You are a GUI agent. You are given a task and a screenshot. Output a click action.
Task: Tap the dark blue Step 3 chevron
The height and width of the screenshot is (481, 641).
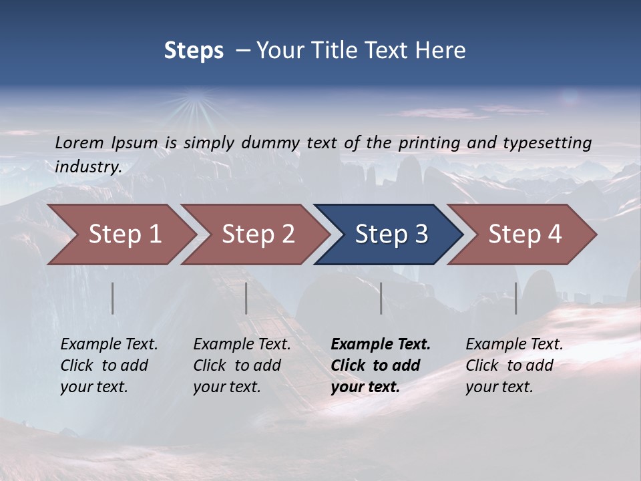coord(391,234)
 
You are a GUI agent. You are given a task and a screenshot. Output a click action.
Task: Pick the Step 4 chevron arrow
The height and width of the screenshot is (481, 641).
coord(524,234)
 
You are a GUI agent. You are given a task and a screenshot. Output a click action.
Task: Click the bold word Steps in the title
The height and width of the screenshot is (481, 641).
coord(194,51)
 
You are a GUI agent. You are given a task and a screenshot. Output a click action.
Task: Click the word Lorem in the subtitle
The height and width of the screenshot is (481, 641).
coord(79,142)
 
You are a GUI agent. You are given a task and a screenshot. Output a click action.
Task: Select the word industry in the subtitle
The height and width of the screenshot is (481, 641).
coord(88,166)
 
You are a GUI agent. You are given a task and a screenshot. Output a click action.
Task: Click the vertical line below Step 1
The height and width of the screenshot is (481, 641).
coord(113,298)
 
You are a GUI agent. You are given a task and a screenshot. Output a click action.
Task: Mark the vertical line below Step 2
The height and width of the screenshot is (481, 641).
coord(246,298)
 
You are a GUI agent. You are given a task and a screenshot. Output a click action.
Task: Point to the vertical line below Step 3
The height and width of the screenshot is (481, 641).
coord(381,298)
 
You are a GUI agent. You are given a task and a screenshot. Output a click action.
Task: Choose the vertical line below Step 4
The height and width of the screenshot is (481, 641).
coord(516,298)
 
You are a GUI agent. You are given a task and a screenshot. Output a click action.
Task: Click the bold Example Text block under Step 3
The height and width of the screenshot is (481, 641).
coord(379,365)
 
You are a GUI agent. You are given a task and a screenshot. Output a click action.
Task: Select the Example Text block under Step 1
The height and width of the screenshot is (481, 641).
coord(108,365)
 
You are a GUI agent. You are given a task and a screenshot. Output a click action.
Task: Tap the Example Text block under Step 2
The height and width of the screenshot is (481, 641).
coord(241,365)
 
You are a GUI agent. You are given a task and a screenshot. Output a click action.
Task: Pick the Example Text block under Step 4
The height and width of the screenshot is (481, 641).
coord(513,365)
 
